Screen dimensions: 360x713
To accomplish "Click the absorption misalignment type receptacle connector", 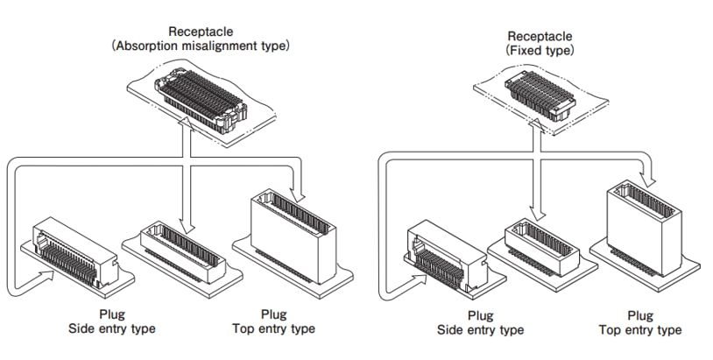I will tap(200, 102).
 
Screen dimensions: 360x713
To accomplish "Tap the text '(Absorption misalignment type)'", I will tap(201, 46).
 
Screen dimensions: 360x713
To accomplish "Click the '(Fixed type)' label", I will tap(540, 51).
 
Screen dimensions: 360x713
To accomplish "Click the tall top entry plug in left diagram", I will tap(291, 236).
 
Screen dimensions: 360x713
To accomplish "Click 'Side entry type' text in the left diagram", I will tap(112, 328).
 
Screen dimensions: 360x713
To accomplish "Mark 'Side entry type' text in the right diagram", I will tap(480, 329).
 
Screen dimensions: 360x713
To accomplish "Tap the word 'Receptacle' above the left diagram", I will tap(201, 32).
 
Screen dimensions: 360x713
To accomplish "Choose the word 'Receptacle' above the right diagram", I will tap(540, 36).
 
